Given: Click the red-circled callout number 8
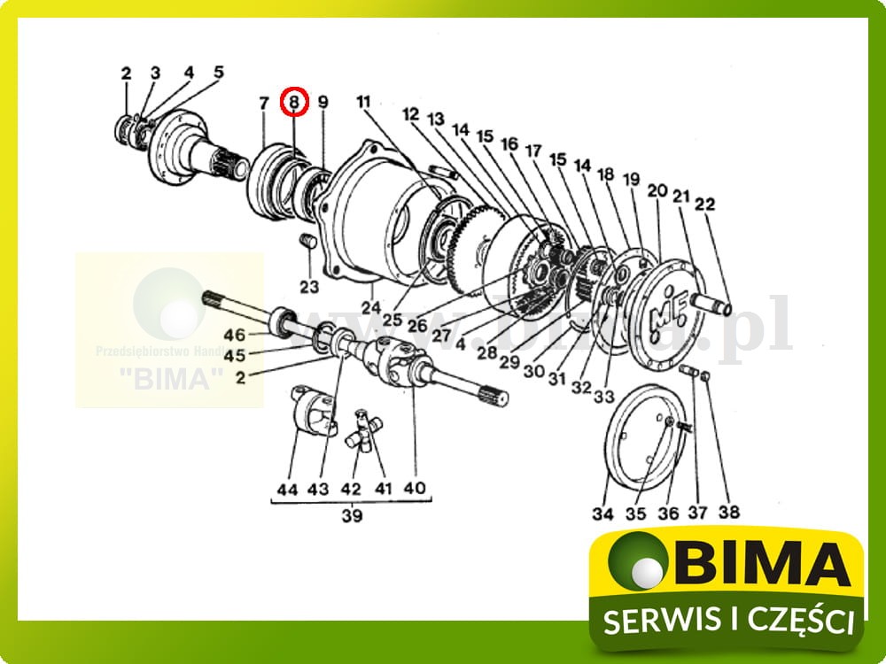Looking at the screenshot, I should [294, 103].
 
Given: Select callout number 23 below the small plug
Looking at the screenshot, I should [308, 287].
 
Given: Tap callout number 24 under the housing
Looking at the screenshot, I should [370, 307].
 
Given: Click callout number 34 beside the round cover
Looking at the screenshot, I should [603, 512].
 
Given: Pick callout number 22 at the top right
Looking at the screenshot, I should [704, 205].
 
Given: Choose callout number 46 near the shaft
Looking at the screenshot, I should [234, 336].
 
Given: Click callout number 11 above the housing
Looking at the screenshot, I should [363, 102].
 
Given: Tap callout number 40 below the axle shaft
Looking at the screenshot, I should [414, 488].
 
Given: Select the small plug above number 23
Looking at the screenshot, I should [308, 243].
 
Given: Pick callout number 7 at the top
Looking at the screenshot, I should [263, 103].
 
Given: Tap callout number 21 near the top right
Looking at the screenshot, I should [681, 197].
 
